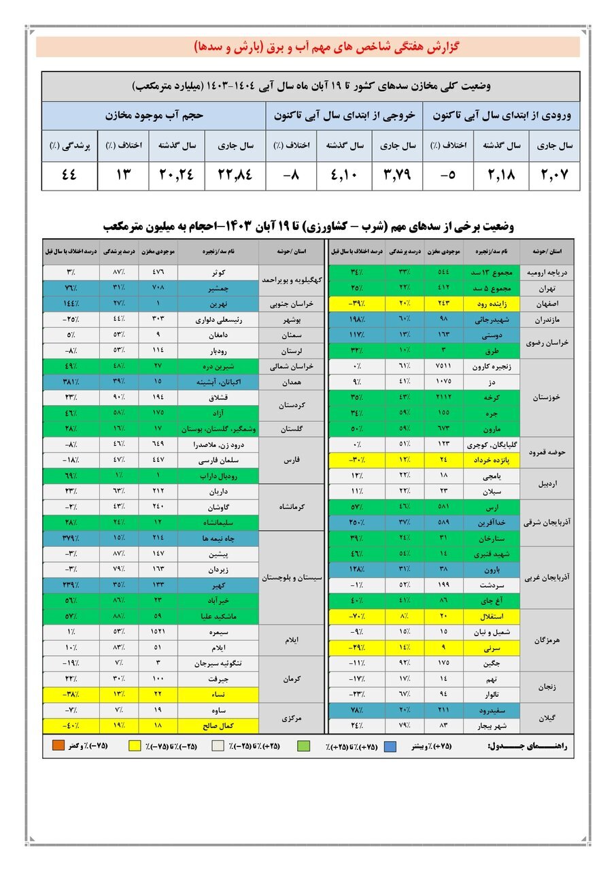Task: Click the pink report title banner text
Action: pyautogui.click(x=308, y=47)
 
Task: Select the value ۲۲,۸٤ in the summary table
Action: pyautogui.click(x=235, y=176)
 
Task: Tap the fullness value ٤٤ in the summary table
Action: pyautogui.click(x=69, y=176)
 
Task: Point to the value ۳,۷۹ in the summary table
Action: pyautogui.click(x=397, y=176)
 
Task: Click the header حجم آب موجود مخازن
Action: pyautogui.click(x=154, y=116)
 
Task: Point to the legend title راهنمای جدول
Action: pyautogui.click(x=530, y=746)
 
